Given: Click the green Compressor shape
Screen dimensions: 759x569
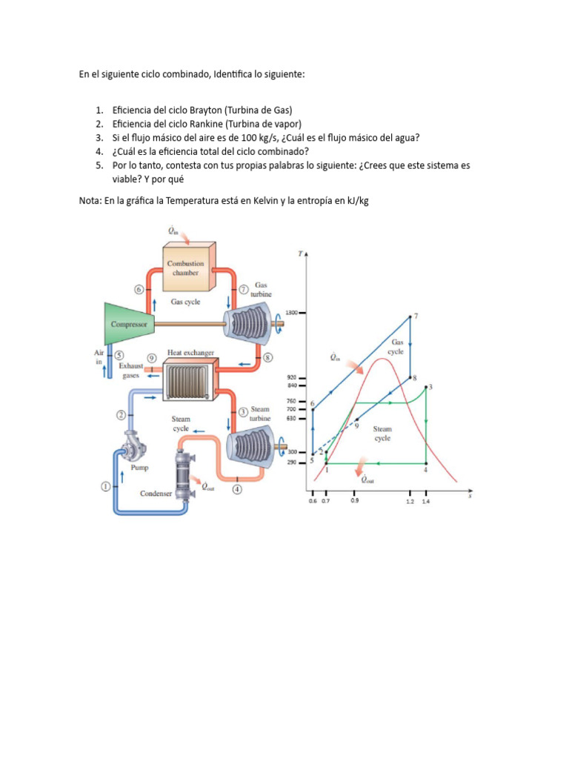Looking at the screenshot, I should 130,324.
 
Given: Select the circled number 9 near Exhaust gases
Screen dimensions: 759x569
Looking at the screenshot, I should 151,357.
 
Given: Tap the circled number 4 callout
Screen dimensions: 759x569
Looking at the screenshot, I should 236,489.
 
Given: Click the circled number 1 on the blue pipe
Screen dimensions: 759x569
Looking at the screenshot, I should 105,486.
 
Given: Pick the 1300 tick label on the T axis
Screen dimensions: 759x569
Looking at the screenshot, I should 292,313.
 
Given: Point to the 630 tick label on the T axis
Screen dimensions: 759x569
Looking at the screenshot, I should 292,418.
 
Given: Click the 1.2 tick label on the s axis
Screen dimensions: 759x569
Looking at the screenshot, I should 410,502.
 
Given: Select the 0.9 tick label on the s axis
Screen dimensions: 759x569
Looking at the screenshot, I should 355,502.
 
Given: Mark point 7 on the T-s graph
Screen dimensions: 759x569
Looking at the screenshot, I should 410,317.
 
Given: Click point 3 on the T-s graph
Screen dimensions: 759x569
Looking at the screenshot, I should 425,386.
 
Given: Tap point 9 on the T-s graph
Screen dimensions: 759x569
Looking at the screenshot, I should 356,420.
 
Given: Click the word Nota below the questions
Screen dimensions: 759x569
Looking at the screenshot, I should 90,201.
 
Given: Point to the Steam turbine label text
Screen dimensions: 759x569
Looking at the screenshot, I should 260,414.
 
